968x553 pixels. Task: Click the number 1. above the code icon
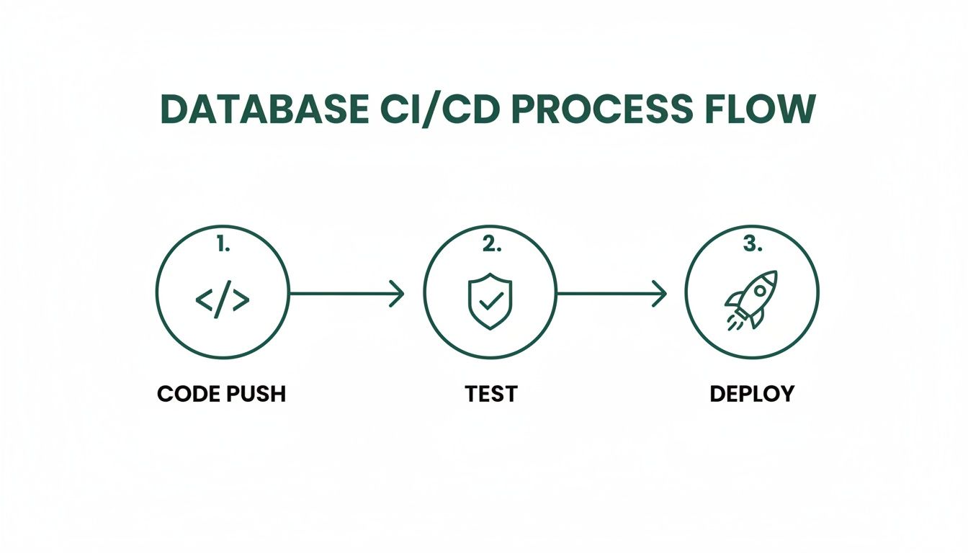(x=223, y=245)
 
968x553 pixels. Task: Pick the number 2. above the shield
(x=490, y=245)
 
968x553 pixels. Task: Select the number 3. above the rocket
(x=751, y=245)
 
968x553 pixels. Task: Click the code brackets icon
(x=223, y=300)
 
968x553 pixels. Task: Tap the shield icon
(x=490, y=300)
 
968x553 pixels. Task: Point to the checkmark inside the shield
(x=490, y=301)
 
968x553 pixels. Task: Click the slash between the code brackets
(x=223, y=300)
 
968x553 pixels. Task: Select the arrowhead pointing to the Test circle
(x=398, y=293)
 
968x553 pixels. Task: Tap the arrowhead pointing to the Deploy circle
(x=660, y=293)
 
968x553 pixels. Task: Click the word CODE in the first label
(x=187, y=394)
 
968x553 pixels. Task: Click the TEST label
(x=490, y=394)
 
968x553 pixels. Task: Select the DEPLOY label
(x=752, y=394)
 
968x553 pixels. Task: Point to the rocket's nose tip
(x=774, y=274)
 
